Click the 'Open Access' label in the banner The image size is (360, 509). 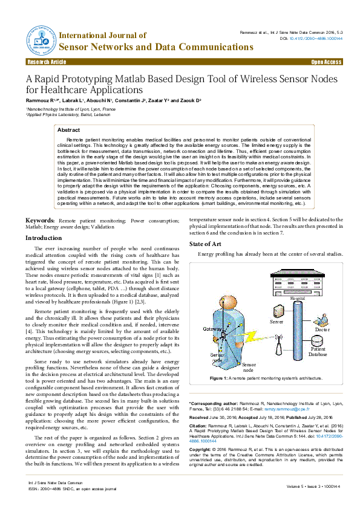click(326, 62)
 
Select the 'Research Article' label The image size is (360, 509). click(47, 62)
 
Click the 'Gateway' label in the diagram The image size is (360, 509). click(212, 328)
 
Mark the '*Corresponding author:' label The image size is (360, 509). click(212, 403)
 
